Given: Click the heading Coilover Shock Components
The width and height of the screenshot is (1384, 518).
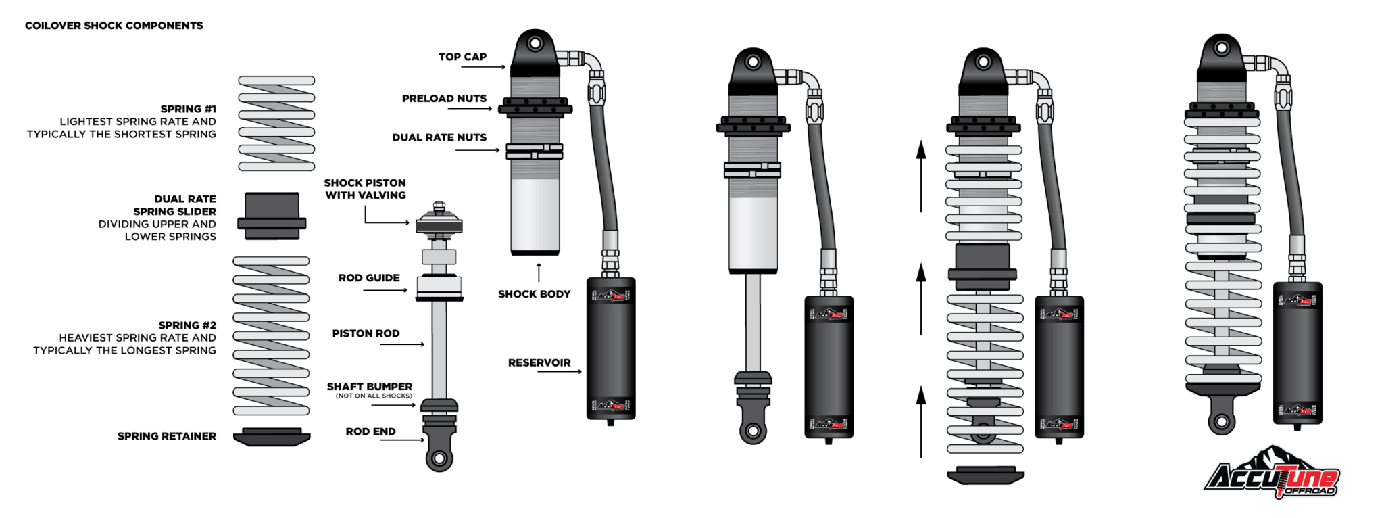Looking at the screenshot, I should click(114, 26).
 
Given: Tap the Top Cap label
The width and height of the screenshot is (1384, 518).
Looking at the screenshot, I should click(462, 57).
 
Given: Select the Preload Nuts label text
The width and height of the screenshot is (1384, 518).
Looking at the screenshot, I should click(444, 99).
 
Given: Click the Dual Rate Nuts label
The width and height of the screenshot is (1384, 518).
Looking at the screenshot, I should click(439, 137).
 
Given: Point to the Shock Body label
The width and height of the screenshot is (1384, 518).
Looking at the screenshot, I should click(534, 294).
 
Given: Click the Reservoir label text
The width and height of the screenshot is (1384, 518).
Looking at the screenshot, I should click(539, 363).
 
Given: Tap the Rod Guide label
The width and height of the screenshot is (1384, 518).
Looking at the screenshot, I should click(369, 278).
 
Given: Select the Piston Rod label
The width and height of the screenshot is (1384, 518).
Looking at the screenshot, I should click(366, 333).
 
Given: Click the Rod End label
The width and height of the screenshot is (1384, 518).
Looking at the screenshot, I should click(370, 431).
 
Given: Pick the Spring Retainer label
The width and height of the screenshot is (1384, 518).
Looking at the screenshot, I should click(167, 436).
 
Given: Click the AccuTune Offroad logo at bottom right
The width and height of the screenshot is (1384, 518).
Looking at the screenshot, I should click(1272, 473).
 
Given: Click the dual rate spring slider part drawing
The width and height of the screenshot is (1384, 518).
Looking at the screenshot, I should click(272, 216).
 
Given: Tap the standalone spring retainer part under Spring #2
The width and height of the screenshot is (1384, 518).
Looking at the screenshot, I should click(272, 437).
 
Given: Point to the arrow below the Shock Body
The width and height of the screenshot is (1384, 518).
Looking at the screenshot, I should click(539, 272).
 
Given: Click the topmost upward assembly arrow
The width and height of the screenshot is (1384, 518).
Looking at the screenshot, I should click(920, 176).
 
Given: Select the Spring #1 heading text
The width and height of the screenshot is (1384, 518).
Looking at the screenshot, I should click(188, 109).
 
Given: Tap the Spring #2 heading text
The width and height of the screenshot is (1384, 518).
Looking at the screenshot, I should click(187, 325).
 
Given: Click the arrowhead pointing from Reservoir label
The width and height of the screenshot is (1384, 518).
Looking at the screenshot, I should click(579, 371).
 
